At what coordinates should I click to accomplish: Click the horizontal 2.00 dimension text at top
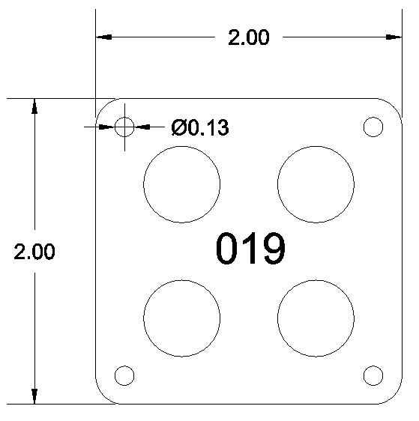[x=248, y=37]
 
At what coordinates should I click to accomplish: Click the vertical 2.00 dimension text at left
[x=34, y=252]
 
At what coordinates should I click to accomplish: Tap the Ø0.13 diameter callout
[x=200, y=127]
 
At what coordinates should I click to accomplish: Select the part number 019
[x=250, y=249]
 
